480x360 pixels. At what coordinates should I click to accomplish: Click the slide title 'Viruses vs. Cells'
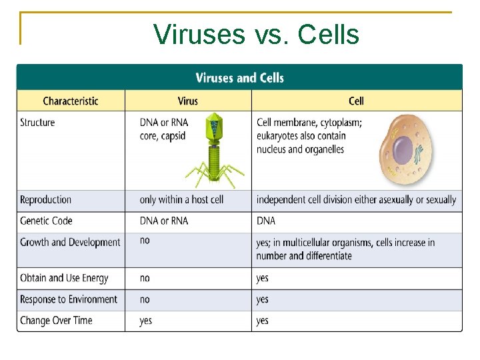256,35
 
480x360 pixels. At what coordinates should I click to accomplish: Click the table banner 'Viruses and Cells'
239,78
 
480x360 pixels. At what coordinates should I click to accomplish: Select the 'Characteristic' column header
71,101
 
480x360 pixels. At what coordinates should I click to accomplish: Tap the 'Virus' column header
188,101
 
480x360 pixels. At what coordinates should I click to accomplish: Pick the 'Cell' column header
356,101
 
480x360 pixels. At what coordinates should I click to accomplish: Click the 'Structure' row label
37,123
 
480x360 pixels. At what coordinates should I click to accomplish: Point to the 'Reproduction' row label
45,200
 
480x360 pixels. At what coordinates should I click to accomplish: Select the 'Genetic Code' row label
46,221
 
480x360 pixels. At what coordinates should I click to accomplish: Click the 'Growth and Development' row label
70,242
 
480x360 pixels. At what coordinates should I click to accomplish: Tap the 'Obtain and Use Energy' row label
64,278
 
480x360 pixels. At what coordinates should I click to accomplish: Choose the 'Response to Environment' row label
69,299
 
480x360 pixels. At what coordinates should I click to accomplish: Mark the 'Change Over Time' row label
56,321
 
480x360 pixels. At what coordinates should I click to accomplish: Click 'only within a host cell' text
181,200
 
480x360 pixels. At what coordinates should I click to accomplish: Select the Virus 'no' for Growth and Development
145,240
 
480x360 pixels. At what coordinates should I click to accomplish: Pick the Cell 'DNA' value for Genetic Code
266,221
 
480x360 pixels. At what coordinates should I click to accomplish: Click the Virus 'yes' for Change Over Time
145,321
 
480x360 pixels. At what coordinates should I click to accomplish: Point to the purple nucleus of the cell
403,150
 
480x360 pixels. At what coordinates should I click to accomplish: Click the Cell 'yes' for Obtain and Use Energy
263,278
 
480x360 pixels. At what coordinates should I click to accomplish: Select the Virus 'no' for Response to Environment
145,299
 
